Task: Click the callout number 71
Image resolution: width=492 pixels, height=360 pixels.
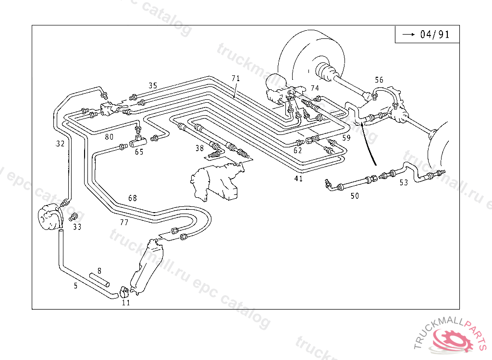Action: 235,78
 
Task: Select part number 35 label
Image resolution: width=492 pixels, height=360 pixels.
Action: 153,86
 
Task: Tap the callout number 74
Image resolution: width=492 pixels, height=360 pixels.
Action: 315,88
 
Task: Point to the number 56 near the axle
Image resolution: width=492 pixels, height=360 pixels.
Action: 379,80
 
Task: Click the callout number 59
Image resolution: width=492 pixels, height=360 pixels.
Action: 346,138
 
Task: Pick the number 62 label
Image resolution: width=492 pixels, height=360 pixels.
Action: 298,150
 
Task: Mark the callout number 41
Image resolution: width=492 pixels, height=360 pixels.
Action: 298,179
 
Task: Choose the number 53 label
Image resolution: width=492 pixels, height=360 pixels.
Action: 404,182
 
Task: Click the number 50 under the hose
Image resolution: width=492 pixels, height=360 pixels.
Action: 355,196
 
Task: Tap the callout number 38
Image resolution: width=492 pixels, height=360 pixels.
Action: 200,148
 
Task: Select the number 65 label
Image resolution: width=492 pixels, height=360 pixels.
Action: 139,152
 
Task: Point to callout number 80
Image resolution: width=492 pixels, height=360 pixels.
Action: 110,137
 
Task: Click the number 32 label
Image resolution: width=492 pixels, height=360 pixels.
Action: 60,144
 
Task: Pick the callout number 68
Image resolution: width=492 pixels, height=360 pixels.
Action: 133,198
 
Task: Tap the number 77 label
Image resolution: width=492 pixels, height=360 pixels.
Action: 124,222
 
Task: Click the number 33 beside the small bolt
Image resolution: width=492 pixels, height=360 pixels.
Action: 77,227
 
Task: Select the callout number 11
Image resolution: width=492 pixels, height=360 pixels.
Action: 126,302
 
